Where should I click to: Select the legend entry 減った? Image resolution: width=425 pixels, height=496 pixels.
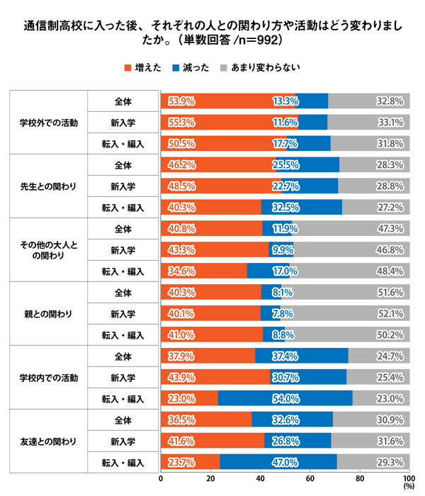191,68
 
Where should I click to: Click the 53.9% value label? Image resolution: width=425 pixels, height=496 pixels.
181,101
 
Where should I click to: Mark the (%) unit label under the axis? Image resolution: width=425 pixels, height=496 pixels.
409,486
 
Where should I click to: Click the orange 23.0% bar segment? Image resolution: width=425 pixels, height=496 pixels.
189,398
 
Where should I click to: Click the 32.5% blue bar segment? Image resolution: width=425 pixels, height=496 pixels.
302,207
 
